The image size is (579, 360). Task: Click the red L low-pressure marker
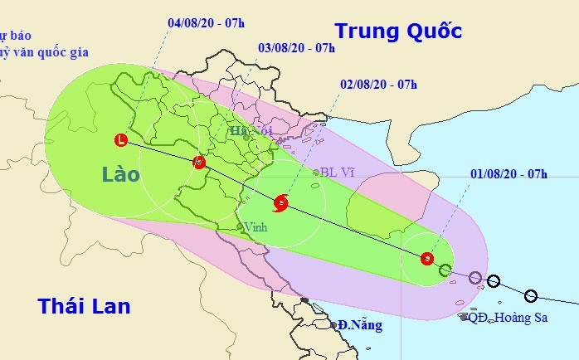pos(123,140)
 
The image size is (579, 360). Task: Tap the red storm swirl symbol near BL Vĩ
pos(280,202)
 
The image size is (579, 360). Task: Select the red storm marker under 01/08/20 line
pos(426,258)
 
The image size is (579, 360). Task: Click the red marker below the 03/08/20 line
pos(198,163)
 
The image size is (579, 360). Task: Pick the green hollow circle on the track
pos(445,270)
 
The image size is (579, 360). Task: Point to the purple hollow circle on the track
pos(474,277)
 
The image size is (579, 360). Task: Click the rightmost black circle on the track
pos(531,296)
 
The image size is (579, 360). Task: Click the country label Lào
pos(121,175)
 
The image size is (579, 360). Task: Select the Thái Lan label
pos(84,306)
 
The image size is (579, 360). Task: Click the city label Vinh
pos(255,226)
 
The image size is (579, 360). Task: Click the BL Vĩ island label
pos(336,173)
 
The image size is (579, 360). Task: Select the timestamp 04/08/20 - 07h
pos(206,22)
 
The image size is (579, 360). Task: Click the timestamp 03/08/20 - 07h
pos(296,47)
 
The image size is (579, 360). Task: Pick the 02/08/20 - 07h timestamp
pos(378,85)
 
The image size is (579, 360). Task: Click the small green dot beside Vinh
pos(240,226)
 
